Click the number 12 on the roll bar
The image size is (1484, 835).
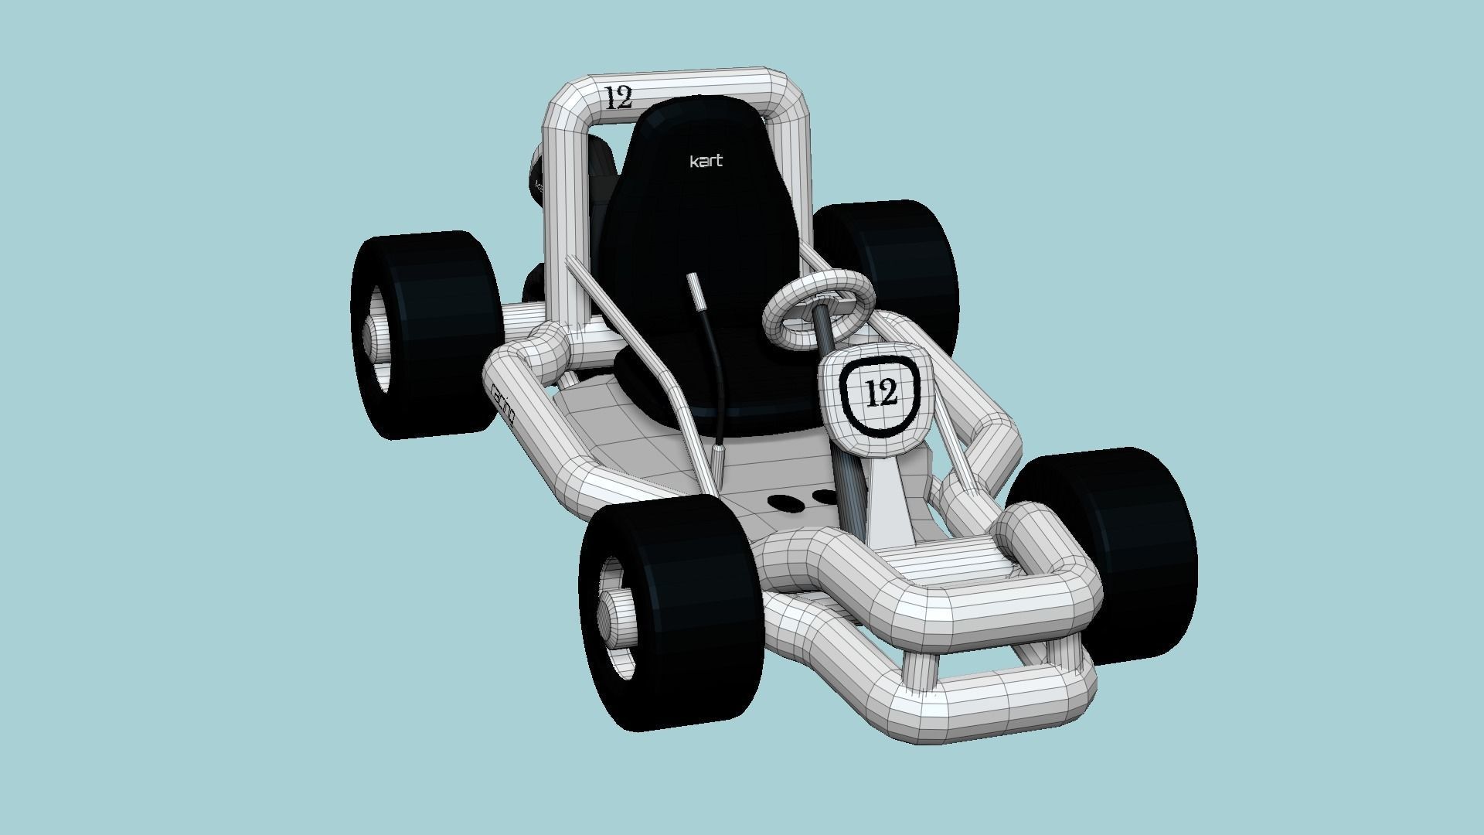pyautogui.click(x=618, y=98)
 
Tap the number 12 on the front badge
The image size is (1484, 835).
pyautogui.click(x=880, y=393)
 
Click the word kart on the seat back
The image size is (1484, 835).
pyautogui.click(x=706, y=161)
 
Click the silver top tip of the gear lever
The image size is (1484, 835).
pyautogui.click(x=695, y=289)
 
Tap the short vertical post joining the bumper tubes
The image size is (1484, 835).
pyautogui.click(x=921, y=665)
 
